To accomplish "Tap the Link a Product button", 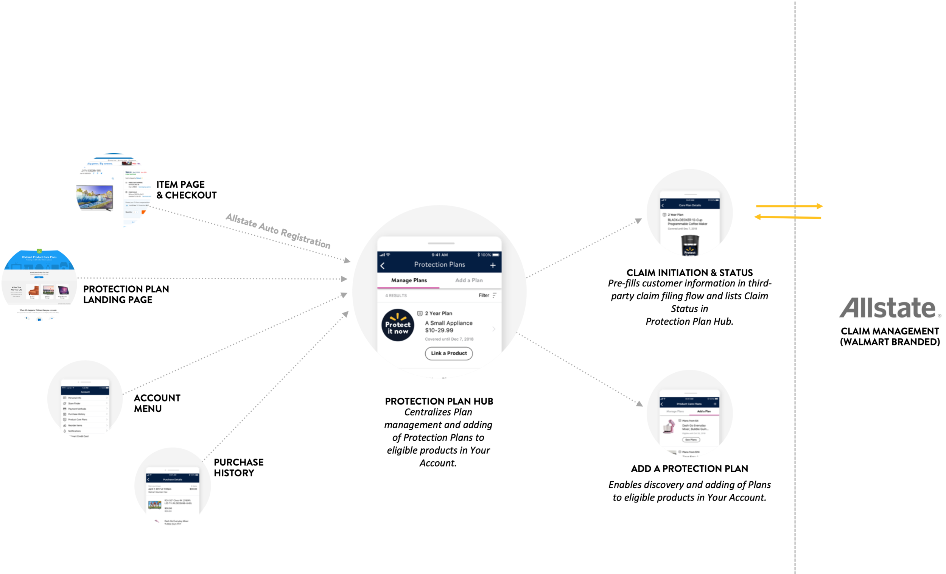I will coord(448,353).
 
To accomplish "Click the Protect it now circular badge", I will coord(398,325).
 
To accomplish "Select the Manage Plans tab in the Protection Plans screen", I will coord(409,280).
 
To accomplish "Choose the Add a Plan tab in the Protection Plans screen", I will coord(469,280).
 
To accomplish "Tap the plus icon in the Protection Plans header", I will coord(493,265).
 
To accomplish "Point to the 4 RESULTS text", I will coord(396,296).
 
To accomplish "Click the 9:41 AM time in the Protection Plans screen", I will coord(439,255).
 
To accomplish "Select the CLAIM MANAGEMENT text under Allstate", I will coord(890,331).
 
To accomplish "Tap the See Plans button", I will coord(691,440).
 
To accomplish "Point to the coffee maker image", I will coord(689,252).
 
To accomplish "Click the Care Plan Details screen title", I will coord(689,205).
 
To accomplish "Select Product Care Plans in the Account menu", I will coord(78,420).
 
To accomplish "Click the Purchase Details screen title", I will coord(173,479).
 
